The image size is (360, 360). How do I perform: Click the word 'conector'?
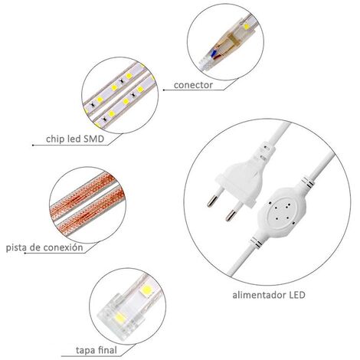[x=193, y=85]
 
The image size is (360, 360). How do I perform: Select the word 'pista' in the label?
[x=16, y=247]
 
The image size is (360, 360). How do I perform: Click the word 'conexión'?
[x=64, y=247]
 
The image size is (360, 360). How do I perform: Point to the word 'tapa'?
[x=85, y=350]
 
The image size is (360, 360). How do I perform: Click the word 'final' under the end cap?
[x=106, y=350]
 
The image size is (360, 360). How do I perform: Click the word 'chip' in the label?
[x=53, y=139]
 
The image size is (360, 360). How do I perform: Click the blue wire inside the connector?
[x=214, y=53]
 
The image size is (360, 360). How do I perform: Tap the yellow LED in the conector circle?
[x=247, y=26]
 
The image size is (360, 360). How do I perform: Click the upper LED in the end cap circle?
[x=146, y=290]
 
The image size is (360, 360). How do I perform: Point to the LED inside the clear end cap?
[x=120, y=318]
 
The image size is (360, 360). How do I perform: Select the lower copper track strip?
[x=91, y=211]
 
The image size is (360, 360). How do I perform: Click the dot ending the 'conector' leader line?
[x=164, y=90]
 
